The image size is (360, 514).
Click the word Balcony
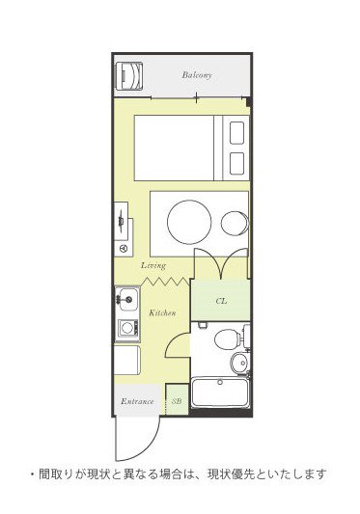click(x=197, y=74)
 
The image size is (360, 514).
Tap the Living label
click(x=153, y=264)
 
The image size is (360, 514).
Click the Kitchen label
click(x=162, y=313)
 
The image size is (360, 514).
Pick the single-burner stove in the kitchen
click(x=126, y=329)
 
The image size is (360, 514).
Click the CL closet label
click(x=221, y=301)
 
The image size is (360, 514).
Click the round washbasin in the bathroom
click(x=237, y=363)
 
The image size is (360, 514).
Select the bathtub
click(x=221, y=393)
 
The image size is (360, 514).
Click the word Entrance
click(x=137, y=400)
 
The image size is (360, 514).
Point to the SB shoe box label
click(x=176, y=400)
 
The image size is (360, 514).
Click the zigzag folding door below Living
click(x=165, y=281)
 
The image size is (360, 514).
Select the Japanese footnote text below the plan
click(x=179, y=473)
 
